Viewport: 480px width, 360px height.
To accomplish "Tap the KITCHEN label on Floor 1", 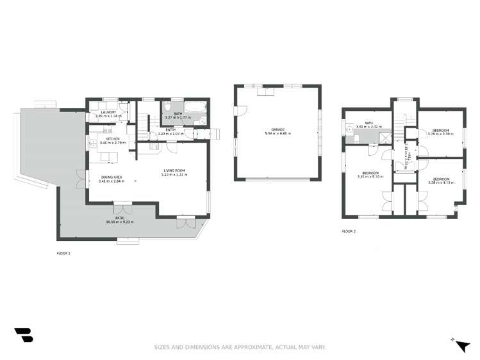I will click(113, 138).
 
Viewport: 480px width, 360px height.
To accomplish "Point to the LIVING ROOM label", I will click(174, 170).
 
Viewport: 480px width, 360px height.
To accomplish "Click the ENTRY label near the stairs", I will click(170, 130).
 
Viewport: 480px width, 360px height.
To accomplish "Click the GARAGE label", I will click(277, 129).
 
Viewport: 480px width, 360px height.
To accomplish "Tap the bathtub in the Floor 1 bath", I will click(194, 110).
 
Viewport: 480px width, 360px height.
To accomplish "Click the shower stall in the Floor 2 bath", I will click(383, 137).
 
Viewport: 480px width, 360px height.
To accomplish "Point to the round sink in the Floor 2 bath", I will click(350, 127).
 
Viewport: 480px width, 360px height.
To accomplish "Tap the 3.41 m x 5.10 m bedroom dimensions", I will click(370, 176).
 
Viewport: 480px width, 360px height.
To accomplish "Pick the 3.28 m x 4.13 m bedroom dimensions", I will click(440, 183).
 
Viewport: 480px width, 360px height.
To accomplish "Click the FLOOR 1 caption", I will click(64, 254).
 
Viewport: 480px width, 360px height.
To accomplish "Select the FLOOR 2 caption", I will click(349, 231).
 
